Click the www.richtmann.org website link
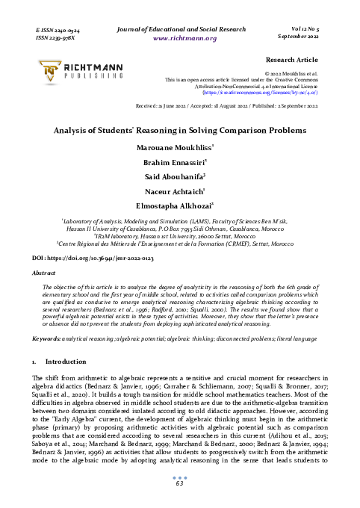[x=184, y=38]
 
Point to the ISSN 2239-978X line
[x=57, y=36]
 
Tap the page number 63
[x=180, y=484]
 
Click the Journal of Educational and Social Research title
[x=184, y=28]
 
